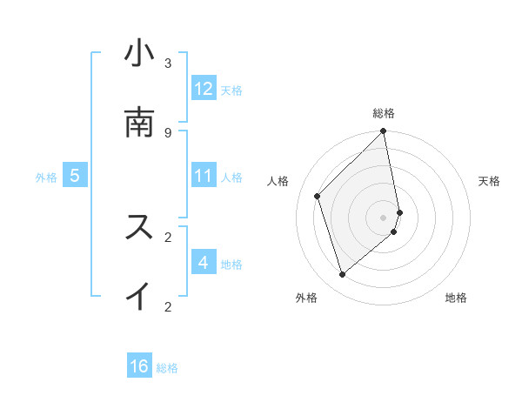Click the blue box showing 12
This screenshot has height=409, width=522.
pos(204,89)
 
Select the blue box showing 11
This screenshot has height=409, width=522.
pos(204,176)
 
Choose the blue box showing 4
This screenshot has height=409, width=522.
pos(204,263)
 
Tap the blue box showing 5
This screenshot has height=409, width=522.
pos(75,176)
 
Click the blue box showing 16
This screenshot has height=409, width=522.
pos(139,366)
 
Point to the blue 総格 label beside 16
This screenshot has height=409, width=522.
pos(167,368)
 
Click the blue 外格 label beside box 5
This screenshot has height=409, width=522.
pos(46,178)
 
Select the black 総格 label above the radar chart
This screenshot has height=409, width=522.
pos(384,113)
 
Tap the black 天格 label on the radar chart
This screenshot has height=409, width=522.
pos(490,181)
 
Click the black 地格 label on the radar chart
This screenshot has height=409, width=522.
pos(456,298)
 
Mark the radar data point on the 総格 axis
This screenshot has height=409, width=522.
pos(384,131)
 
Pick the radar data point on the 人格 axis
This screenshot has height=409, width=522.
pos(318,196)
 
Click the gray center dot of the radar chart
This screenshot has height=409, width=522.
pos(384,217)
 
